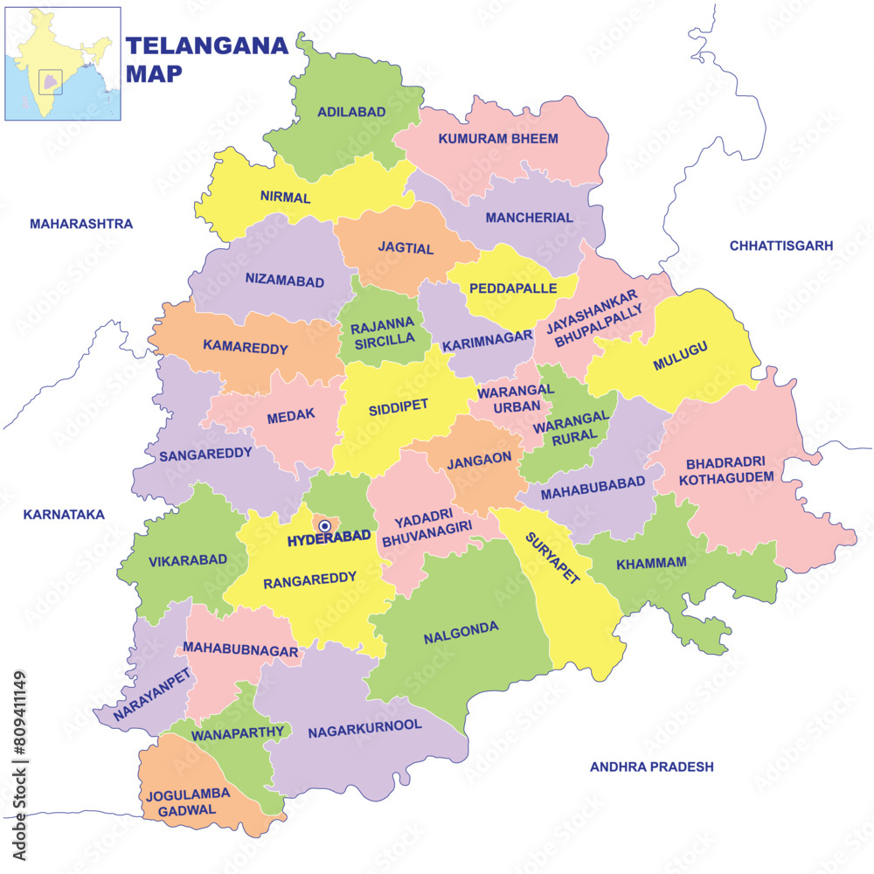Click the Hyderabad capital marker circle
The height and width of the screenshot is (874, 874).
pyautogui.click(x=325, y=525)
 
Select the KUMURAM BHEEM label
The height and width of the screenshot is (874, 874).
pyautogui.click(x=498, y=138)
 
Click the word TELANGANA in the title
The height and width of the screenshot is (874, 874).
pyautogui.click(x=207, y=45)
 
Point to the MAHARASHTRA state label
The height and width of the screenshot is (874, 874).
pyautogui.click(x=81, y=224)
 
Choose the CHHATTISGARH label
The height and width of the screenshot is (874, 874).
pyautogui.click(x=781, y=246)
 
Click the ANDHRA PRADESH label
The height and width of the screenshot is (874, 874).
pyautogui.click(x=651, y=766)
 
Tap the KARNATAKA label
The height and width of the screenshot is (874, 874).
pyautogui.click(x=64, y=514)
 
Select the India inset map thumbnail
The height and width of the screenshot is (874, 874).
pyautogui.click(x=62, y=64)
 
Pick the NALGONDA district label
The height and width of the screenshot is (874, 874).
pyautogui.click(x=461, y=632)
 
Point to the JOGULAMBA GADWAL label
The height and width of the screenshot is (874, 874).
pyautogui.click(x=188, y=801)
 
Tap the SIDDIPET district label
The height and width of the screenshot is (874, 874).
pyautogui.click(x=398, y=407)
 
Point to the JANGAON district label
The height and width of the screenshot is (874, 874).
pyautogui.click(x=472, y=464)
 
